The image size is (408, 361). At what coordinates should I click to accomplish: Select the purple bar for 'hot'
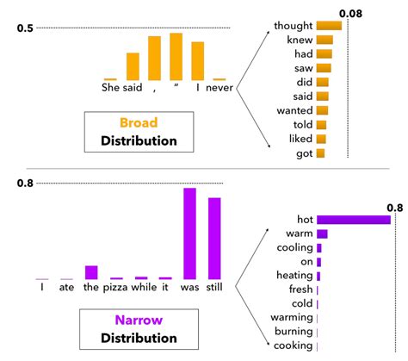(354, 220)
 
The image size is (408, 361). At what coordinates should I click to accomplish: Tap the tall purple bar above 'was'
(189, 233)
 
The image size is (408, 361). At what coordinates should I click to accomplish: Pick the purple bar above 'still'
(214, 239)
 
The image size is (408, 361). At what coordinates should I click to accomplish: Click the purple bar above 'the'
(91, 272)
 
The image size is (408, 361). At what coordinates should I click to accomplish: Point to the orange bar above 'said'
(133, 66)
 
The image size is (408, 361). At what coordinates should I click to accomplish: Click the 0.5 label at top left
(25, 29)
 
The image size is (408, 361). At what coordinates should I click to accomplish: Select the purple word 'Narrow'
(139, 320)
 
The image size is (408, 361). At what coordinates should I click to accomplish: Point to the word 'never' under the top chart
(220, 87)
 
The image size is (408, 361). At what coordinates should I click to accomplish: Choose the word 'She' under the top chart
(111, 87)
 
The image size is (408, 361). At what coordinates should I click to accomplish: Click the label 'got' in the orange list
(302, 153)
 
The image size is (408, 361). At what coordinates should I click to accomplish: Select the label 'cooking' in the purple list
(293, 345)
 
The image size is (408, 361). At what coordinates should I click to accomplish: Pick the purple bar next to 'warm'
(322, 233)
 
